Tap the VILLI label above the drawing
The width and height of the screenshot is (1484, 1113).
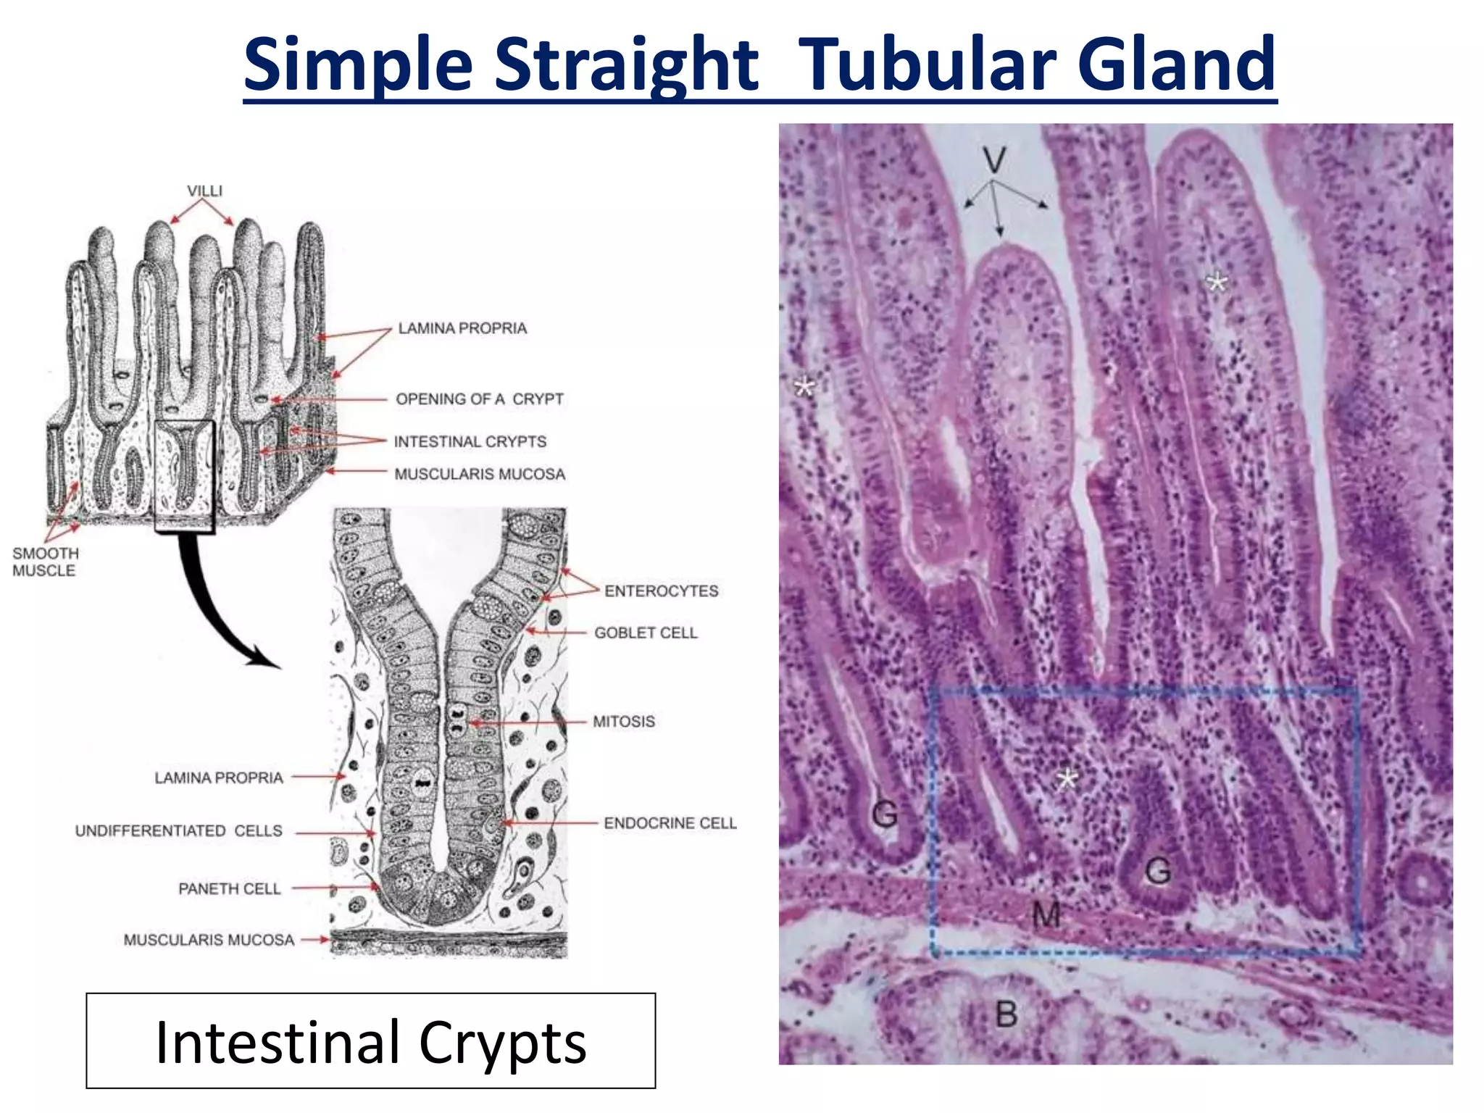point(204,191)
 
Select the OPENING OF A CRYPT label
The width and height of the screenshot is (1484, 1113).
point(479,399)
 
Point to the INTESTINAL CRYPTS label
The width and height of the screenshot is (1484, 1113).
point(470,441)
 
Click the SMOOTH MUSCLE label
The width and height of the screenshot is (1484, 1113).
point(45,562)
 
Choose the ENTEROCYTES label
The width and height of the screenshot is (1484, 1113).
point(661,591)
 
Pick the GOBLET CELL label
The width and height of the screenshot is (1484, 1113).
point(645,633)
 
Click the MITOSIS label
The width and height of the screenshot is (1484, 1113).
point(623,721)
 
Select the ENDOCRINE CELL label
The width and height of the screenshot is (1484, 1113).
point(670,823)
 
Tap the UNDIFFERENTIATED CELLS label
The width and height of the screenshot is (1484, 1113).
point(178,830)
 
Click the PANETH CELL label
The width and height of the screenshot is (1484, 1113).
point(229,888)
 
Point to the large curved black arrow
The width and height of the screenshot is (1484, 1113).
point(210,609)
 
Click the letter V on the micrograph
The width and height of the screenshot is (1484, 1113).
point(994,159)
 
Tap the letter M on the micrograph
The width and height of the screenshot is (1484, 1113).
point(1046,914)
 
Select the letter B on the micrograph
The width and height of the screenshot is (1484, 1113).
point(1006,1014)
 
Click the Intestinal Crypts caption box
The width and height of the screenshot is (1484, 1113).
point(370,1041)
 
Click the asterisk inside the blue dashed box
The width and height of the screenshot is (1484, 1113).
point(1067,780)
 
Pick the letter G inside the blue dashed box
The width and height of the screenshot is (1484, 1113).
point(1157,870)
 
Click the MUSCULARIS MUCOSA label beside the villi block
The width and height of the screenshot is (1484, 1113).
point(479,474)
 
